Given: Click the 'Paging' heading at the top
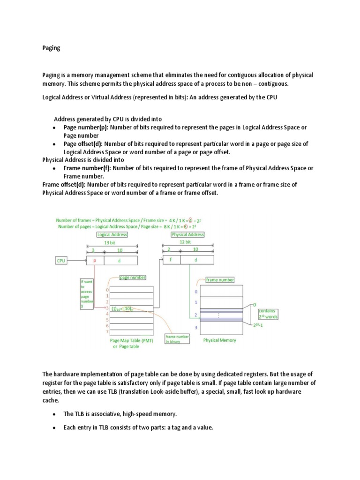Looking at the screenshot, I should (x=51, y=48).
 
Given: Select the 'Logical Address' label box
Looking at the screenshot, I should (x=112, y=234).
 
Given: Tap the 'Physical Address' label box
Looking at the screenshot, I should (x=187, y=234).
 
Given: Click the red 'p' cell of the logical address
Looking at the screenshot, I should (x=95, y=261).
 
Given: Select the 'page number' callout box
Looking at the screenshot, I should (x=133, y=278).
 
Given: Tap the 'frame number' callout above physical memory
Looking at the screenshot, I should (x=220, y=280).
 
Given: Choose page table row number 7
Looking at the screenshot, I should (x=107, y=331).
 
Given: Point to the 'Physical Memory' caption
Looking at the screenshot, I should (x=219, y=340).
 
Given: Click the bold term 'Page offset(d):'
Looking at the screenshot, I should (x=82, y=144).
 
